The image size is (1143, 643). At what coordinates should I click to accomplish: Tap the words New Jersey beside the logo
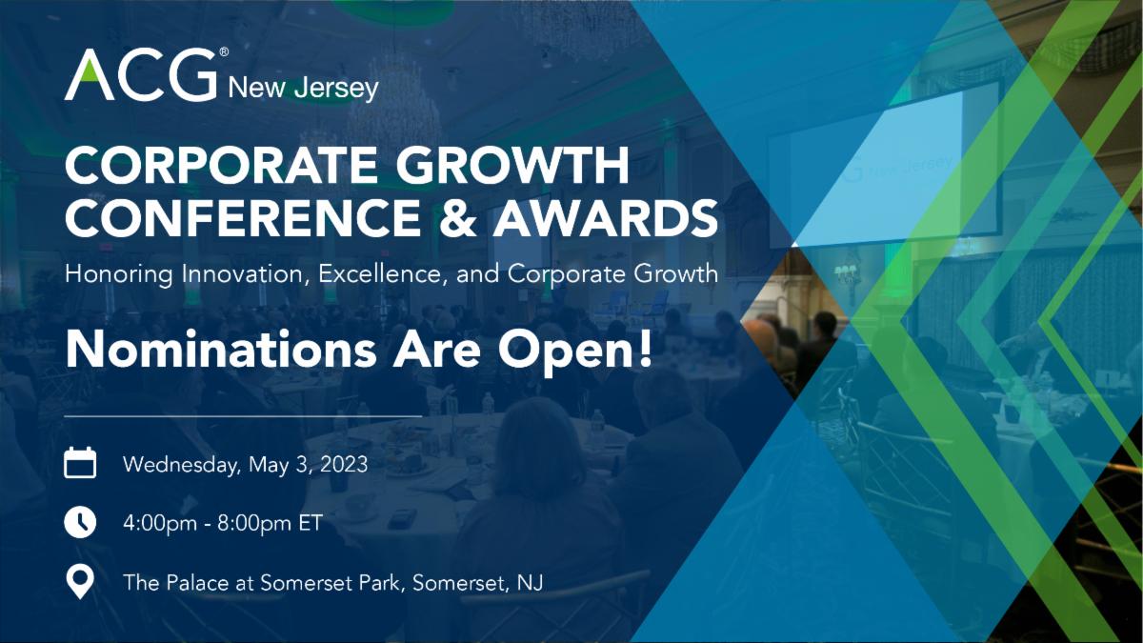click(303, 89)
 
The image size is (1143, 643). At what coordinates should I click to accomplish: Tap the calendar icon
click(80, 464)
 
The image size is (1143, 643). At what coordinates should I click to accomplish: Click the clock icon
click(80, 522)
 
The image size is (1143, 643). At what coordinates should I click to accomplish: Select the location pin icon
click(80, 581)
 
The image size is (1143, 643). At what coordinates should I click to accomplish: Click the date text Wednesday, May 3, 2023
click(245, 466)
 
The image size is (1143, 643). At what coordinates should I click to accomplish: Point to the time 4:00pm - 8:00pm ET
click(223, 523)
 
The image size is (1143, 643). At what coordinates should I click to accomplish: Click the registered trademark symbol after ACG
click(224, 52)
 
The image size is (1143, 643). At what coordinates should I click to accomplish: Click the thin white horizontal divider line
click(243, 415)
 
